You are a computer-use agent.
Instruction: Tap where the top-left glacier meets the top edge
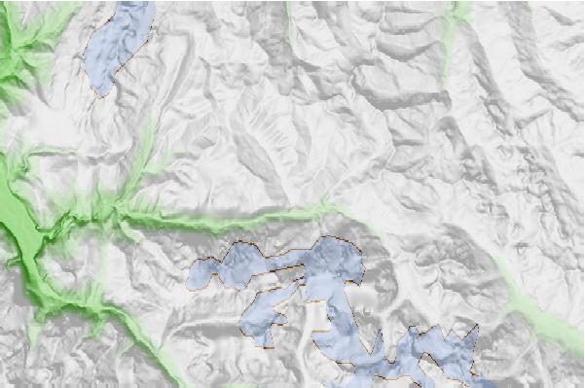click(136, 3)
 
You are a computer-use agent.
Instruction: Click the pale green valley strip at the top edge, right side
click(456, 19)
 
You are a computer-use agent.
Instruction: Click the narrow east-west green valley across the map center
click(234, 218)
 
